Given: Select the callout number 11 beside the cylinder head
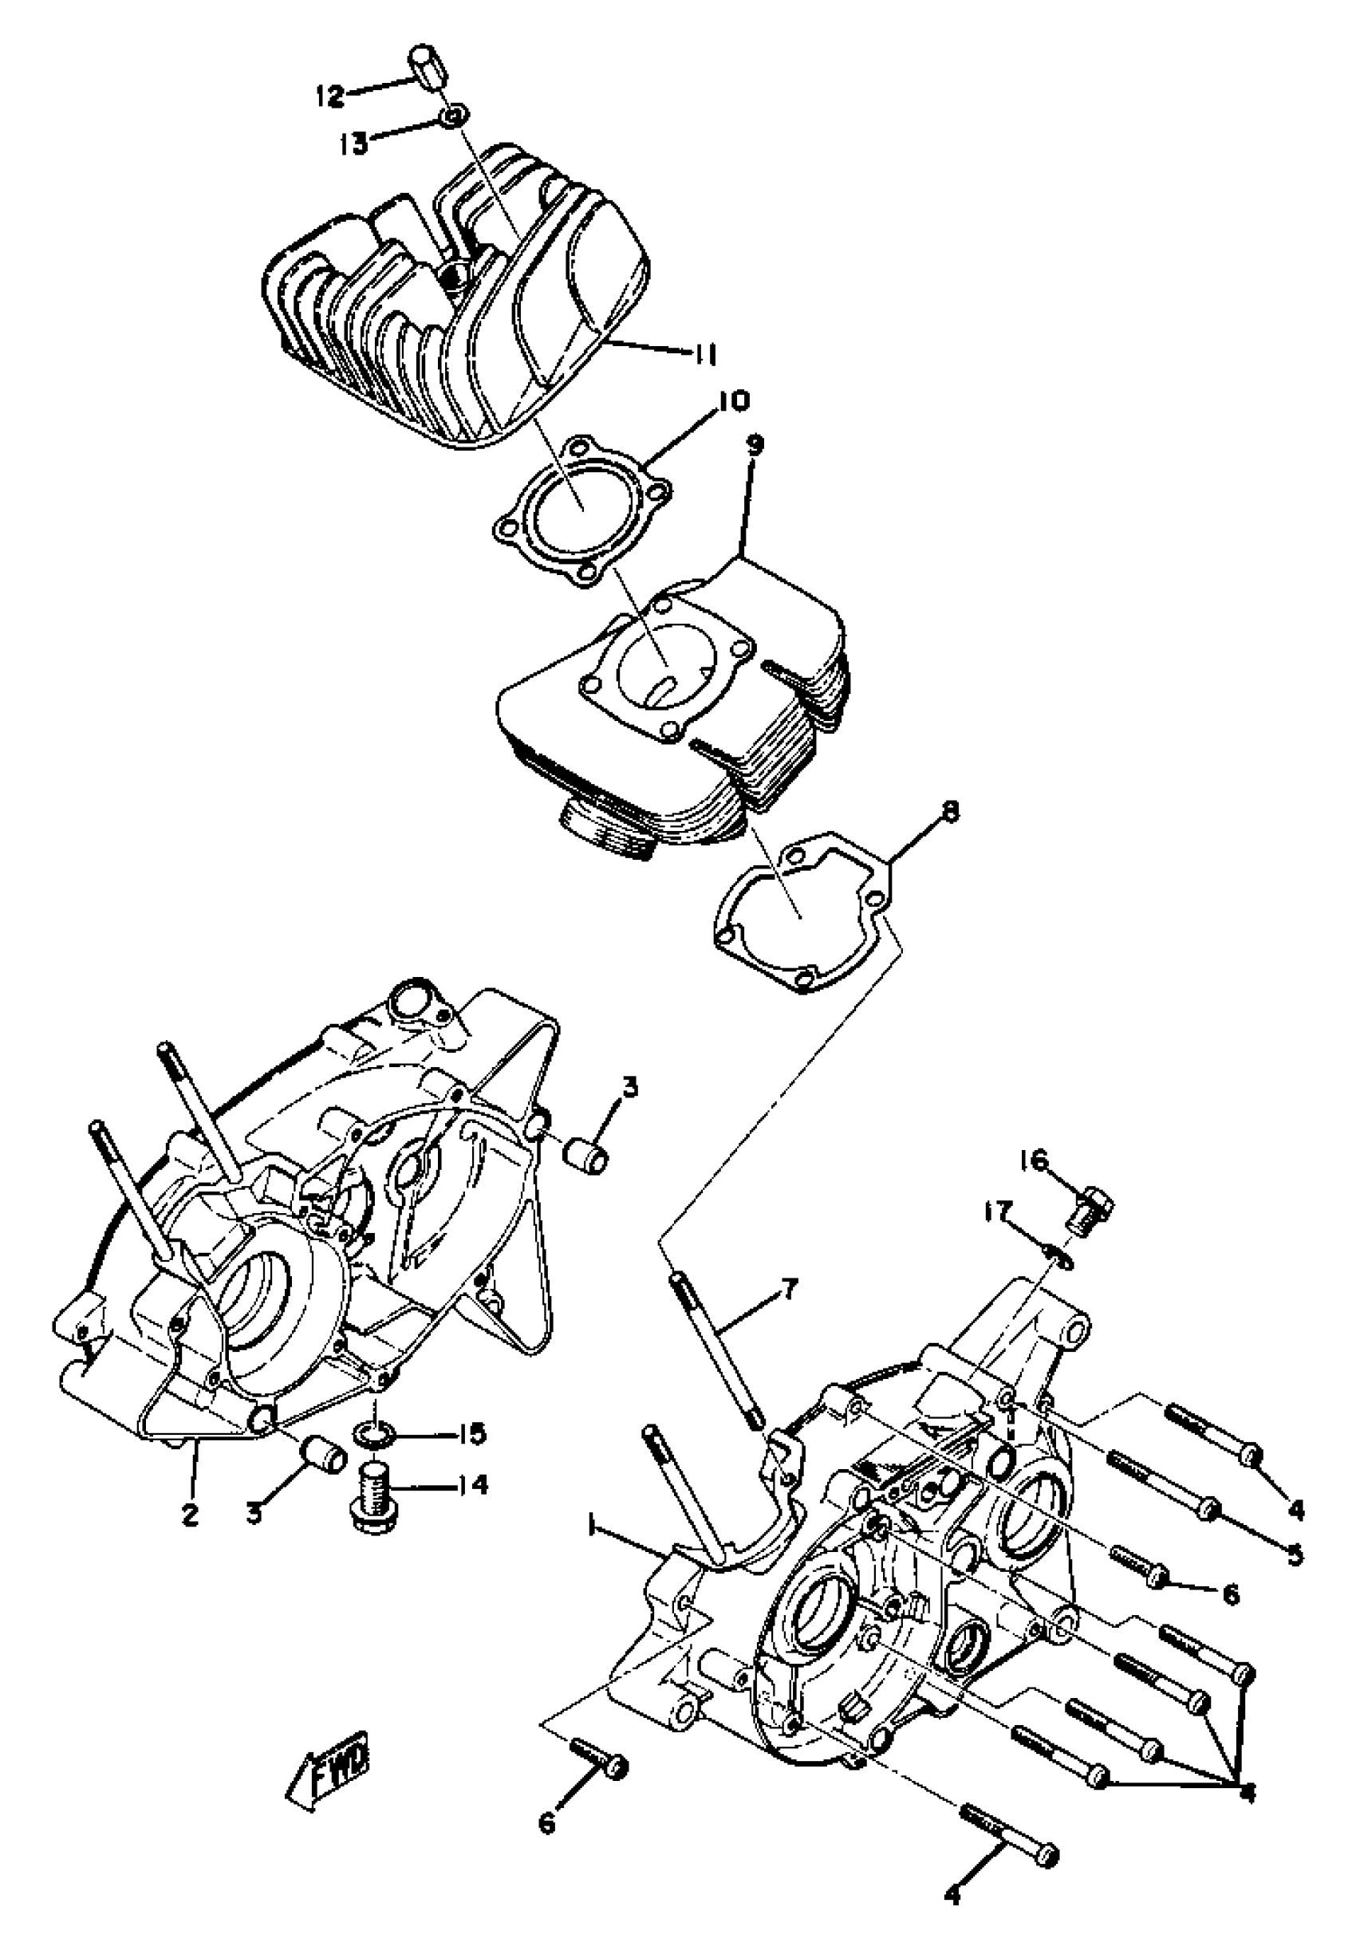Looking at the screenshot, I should (704, 353).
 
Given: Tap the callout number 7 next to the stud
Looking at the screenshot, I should (788, 1314).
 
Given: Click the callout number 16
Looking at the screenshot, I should (1040, 1159).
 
